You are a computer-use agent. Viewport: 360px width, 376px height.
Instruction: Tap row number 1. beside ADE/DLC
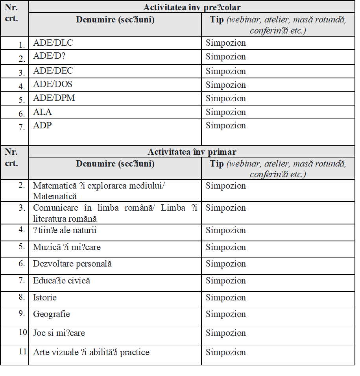click(x=22, y=45)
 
